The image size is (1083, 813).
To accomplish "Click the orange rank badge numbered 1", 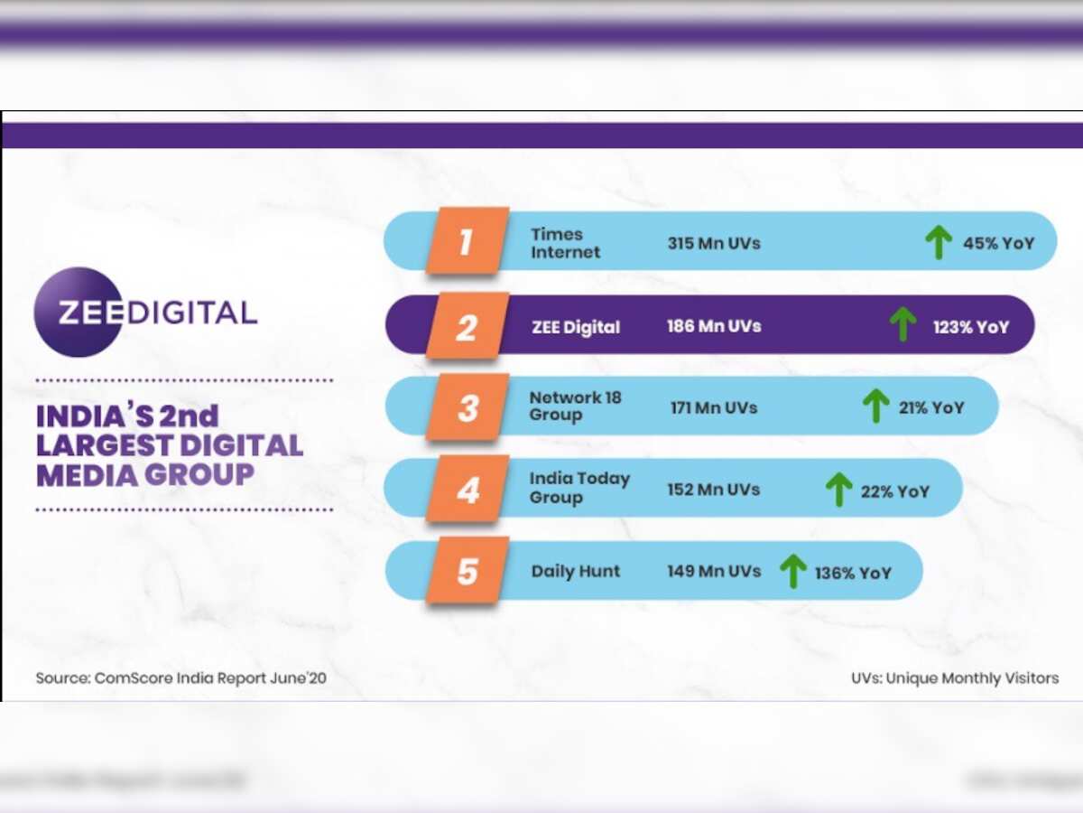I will coord(466,241).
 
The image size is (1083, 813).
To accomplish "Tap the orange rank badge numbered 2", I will coord(466,325).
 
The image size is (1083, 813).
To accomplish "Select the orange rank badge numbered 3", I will coord(467,407).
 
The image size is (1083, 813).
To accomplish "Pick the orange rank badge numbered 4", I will coord(467,490).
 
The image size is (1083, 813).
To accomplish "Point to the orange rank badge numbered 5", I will coord(467,571).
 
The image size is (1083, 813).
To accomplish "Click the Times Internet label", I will coord(565,243).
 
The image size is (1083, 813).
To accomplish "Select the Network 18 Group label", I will coord(575,406).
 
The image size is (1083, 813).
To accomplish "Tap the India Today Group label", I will coord(579,488).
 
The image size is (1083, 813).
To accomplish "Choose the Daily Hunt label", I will coord(575,572).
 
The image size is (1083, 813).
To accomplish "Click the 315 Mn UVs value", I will coord(714,243).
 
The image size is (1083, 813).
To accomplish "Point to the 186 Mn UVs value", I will coord(714,326).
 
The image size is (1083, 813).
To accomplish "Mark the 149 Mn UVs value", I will coord(714,571).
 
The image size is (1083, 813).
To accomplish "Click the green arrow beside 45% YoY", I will coord(939,242).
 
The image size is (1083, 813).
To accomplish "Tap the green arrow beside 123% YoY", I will coord(902,324).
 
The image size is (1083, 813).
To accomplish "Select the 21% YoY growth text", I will coord(931,407).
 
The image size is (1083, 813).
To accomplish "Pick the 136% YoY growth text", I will coord(853,573).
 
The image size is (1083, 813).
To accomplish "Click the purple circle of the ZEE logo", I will coord(78,313).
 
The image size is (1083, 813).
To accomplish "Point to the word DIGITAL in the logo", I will coord(192,313).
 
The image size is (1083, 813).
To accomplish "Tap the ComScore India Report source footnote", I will coord(180,677).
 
